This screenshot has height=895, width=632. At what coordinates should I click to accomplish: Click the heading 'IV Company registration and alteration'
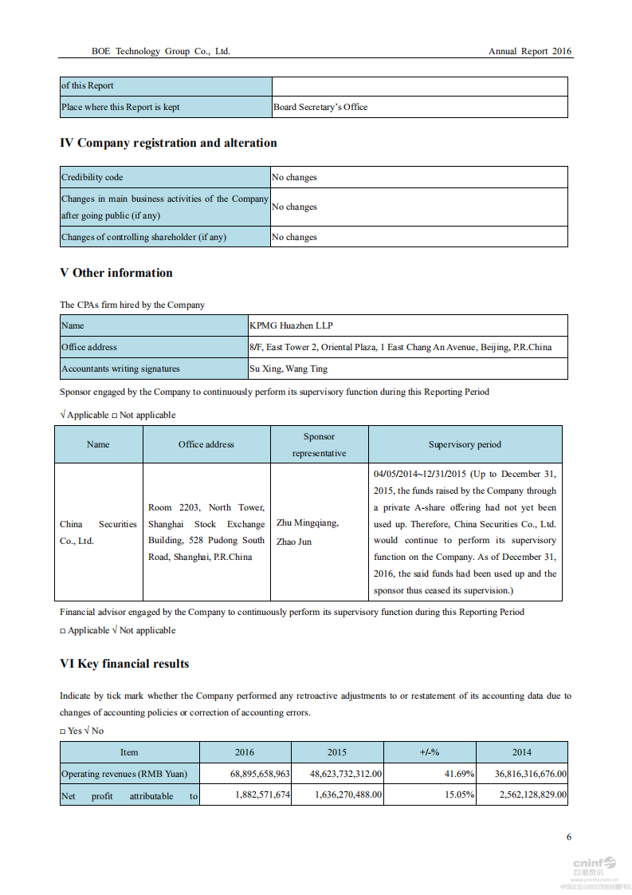(168, 144)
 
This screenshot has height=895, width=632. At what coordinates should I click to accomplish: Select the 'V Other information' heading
(116, 273)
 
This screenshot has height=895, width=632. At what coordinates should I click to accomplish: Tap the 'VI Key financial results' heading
(124, 664)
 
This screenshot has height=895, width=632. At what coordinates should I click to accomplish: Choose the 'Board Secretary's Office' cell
(320, 107)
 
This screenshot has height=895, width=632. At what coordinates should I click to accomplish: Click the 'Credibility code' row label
(92, 177)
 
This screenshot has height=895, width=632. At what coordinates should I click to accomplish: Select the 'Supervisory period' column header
(465, 444)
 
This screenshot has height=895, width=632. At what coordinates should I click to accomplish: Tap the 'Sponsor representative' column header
(319, 445)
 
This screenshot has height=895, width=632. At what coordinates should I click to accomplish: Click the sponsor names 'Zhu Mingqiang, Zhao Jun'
(308, 532)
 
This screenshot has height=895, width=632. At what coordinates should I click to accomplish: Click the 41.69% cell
(460, 774)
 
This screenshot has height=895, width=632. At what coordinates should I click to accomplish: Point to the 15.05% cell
(460, 795)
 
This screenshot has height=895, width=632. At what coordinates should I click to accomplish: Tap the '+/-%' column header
(430, 752)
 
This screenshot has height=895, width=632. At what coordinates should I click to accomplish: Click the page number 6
(568, 837)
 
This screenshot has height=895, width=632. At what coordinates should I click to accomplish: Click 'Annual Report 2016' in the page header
(529, 51)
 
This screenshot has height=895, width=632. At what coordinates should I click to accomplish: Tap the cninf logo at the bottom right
(594, 863)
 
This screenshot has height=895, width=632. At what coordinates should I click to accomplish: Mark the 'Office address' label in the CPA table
(89, 347)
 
